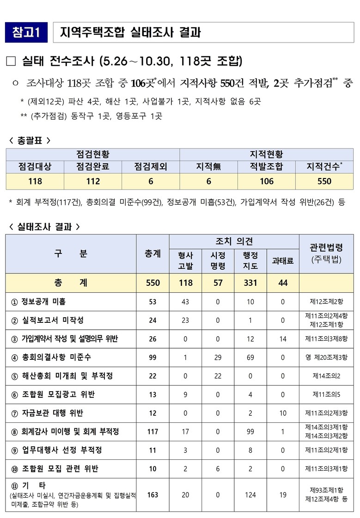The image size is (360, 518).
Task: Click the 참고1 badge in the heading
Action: [26, 32]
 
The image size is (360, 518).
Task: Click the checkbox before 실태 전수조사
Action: [12, 61]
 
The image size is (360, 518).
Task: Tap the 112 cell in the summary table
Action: [93, 181]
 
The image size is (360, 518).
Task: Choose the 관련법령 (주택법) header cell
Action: [326, 253]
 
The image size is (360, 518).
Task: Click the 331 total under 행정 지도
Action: [250, 283]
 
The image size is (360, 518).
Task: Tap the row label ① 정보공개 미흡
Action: [39, 302]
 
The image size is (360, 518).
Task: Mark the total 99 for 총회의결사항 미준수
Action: [153, 357]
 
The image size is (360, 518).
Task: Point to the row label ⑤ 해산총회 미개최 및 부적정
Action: [62, 376]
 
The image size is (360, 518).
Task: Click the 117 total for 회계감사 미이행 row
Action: [153, 432]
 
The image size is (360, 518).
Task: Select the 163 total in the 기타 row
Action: [153, 495]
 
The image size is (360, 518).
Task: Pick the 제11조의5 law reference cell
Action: [326, 395]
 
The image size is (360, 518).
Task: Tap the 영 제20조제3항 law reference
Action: [326, 357]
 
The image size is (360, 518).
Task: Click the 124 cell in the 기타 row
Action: [250, 495]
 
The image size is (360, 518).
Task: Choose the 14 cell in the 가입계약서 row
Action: [282, 339]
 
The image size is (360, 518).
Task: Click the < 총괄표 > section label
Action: [30, 140]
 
